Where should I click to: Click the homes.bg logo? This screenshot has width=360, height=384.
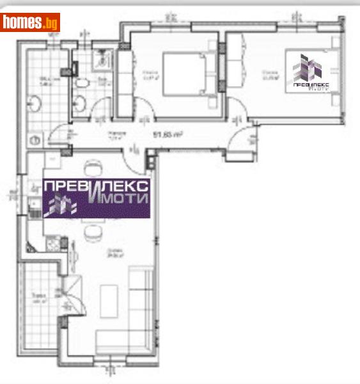click(x=30, y=23)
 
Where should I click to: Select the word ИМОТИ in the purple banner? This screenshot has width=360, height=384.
click(x=118, y=198)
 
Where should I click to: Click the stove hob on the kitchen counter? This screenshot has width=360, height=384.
click(x=54, y=244)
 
